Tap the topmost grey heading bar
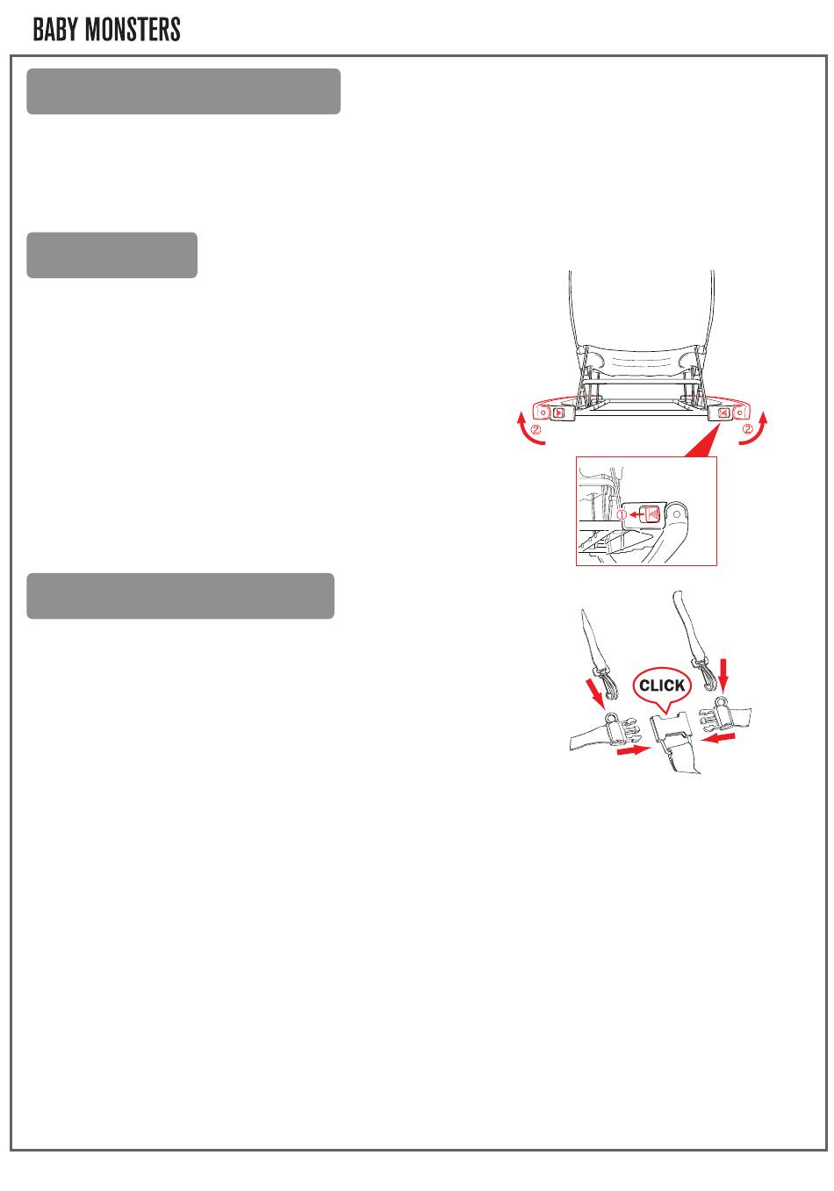click(183, 91)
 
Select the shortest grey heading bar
click(111, 255)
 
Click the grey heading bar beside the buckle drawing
click(180, 596)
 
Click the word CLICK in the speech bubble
click(662, 685)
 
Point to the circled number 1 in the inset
click(622, 514)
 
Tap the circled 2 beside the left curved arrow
click(536, 429)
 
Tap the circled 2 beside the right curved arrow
click(747, 428)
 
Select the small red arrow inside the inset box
click(635, 514)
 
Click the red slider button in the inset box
click(651, 514)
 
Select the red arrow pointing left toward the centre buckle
click(718, 738)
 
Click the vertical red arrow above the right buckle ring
click(722, 675)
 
